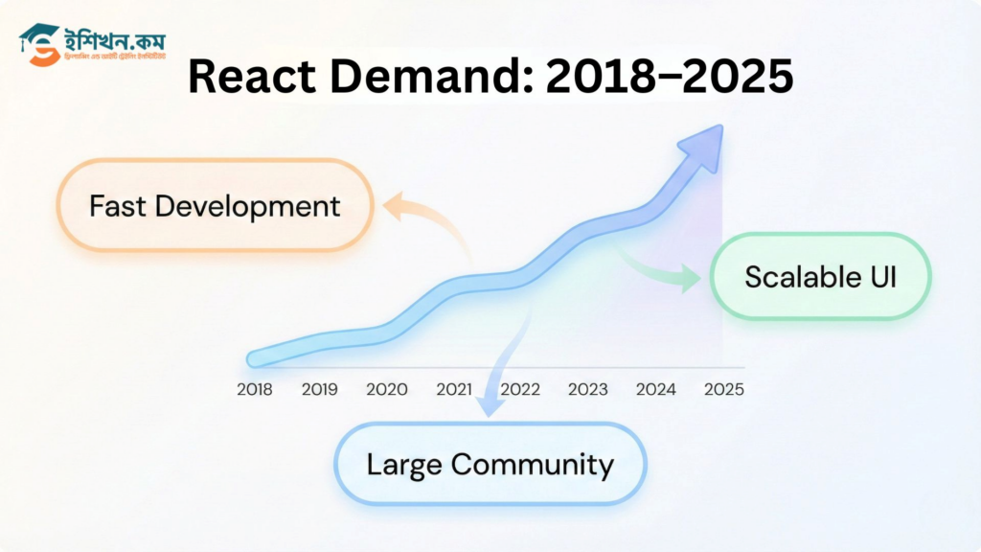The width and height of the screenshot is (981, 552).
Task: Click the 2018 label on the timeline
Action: (254, 389)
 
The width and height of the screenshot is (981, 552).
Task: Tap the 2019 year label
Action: (320, 389)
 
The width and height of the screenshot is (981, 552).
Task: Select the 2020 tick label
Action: (386, 389)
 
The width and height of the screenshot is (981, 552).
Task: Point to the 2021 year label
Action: (455, 389)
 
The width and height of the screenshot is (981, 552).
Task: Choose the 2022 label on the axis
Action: (520, 389)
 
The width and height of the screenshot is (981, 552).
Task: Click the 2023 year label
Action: (587, 389)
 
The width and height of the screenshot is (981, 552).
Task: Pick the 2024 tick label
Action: (656, 389)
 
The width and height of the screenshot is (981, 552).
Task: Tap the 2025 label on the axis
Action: (724, 389)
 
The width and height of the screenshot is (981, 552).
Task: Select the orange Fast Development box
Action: (215, 206)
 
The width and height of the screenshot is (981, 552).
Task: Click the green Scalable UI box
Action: (820, 276)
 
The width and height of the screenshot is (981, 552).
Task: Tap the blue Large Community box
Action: (490, 465)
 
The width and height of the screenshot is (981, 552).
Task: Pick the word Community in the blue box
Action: (532, 465)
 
